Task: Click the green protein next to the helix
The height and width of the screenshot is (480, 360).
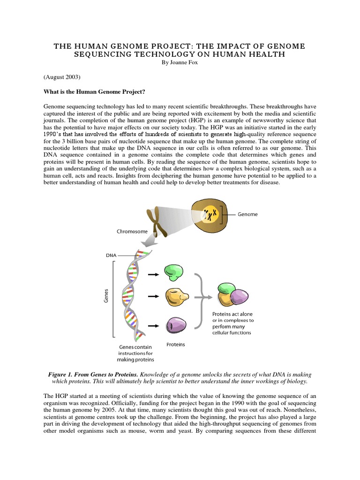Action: pos(174,271)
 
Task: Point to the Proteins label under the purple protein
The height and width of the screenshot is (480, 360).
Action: pos(176,345)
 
